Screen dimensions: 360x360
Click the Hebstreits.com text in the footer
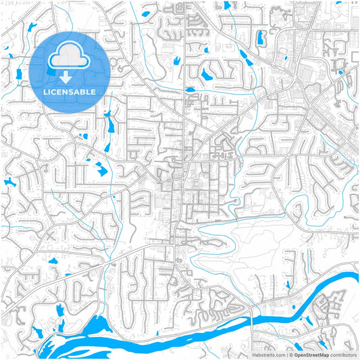click(269, 355)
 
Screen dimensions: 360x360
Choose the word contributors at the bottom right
click(343, 355)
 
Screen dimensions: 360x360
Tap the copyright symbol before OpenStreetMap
click(290, 355)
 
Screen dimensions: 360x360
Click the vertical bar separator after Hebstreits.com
click(286, 355)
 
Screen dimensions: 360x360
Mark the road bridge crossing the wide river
click(253, 312)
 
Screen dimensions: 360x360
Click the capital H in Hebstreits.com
click(255, 355)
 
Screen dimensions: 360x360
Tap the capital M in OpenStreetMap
click(324, 355)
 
